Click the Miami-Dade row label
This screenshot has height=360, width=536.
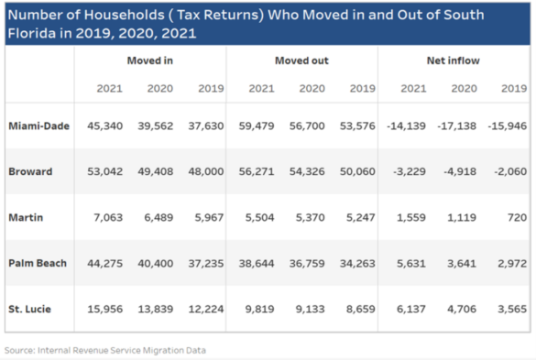(x=37, y=125)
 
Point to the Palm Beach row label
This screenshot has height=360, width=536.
(x=37, y=264)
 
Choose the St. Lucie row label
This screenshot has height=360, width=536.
(x=29, y=310)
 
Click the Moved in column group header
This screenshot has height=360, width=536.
(x=150, y=60)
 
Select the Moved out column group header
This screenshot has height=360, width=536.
(x=301, y=60)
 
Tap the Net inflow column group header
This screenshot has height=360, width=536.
(x=453, y=60)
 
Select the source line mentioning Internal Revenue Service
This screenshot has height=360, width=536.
(x=105, y=350)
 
